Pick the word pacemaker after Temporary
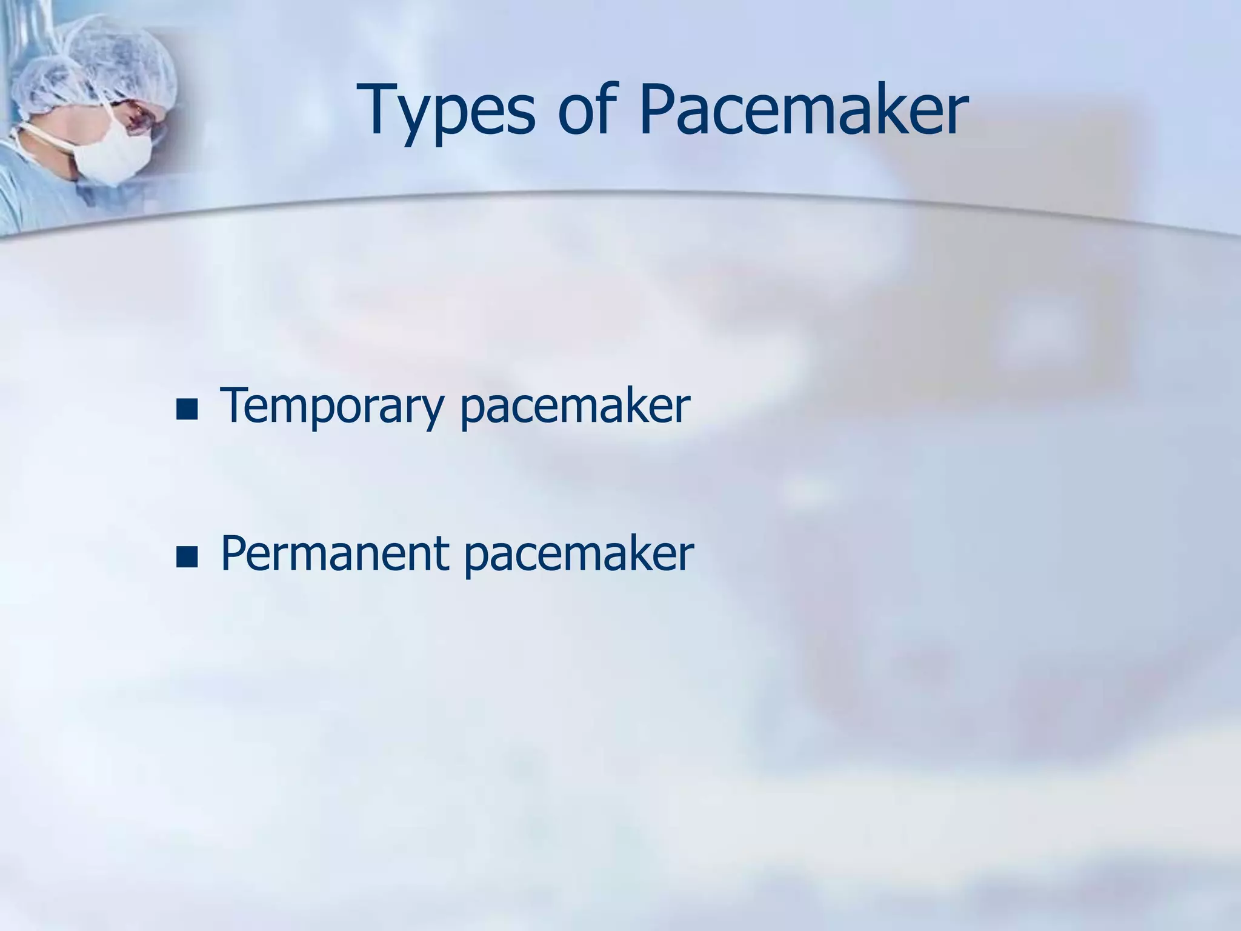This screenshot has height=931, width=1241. (574, 406)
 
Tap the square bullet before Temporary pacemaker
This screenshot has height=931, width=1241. (187, 410)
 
